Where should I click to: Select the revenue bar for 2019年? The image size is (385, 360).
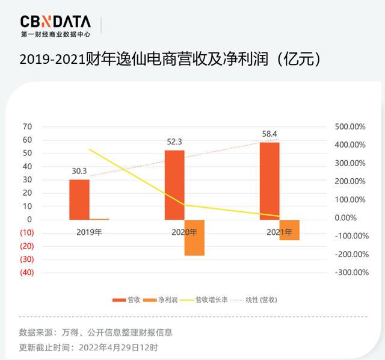(79, 199)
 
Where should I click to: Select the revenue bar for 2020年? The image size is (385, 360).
(174, 185)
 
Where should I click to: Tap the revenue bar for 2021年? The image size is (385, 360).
(269, 181)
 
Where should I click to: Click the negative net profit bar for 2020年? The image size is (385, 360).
(194, 238)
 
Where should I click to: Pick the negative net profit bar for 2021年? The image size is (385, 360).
(289, 230)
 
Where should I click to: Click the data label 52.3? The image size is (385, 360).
(174, 142)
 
